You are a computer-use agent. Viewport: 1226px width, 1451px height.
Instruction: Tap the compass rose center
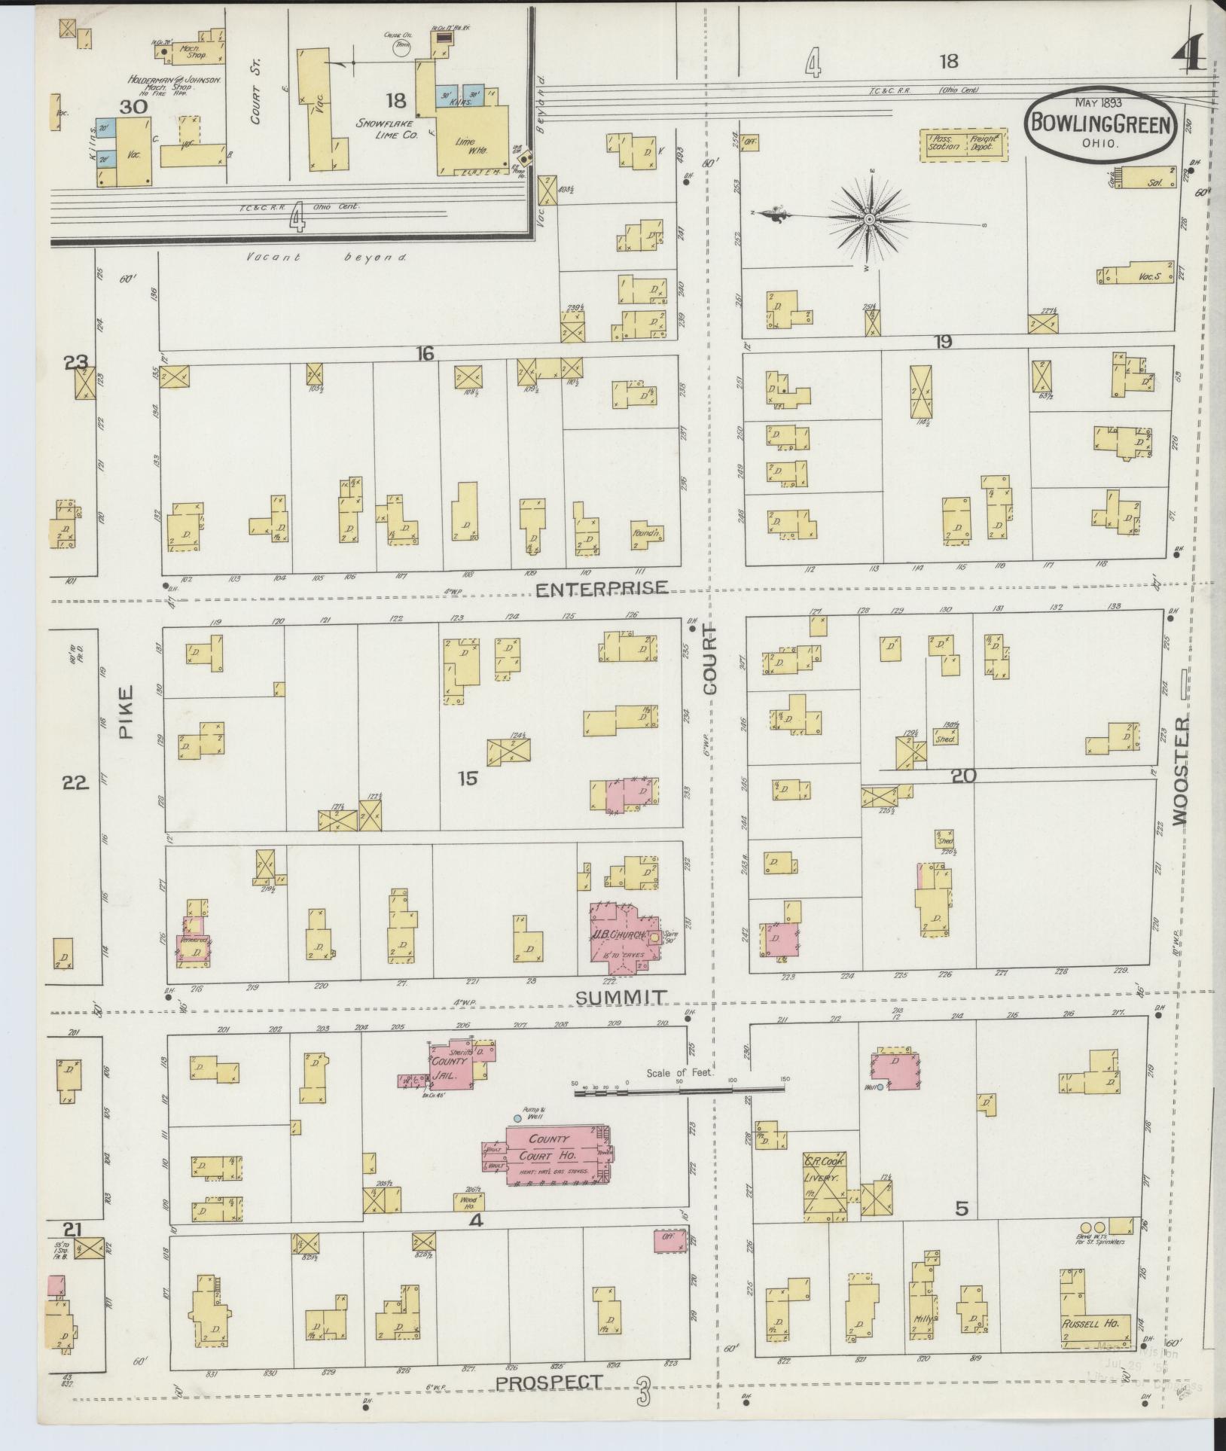(869, 219)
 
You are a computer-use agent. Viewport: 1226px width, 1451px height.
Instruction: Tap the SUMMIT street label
(620, 998)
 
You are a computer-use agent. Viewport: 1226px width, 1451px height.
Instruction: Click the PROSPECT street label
(549, 1382)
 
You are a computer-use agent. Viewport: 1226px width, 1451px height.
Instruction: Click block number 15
(468, 778)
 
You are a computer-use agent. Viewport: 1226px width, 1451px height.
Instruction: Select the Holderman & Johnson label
(172, 80)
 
